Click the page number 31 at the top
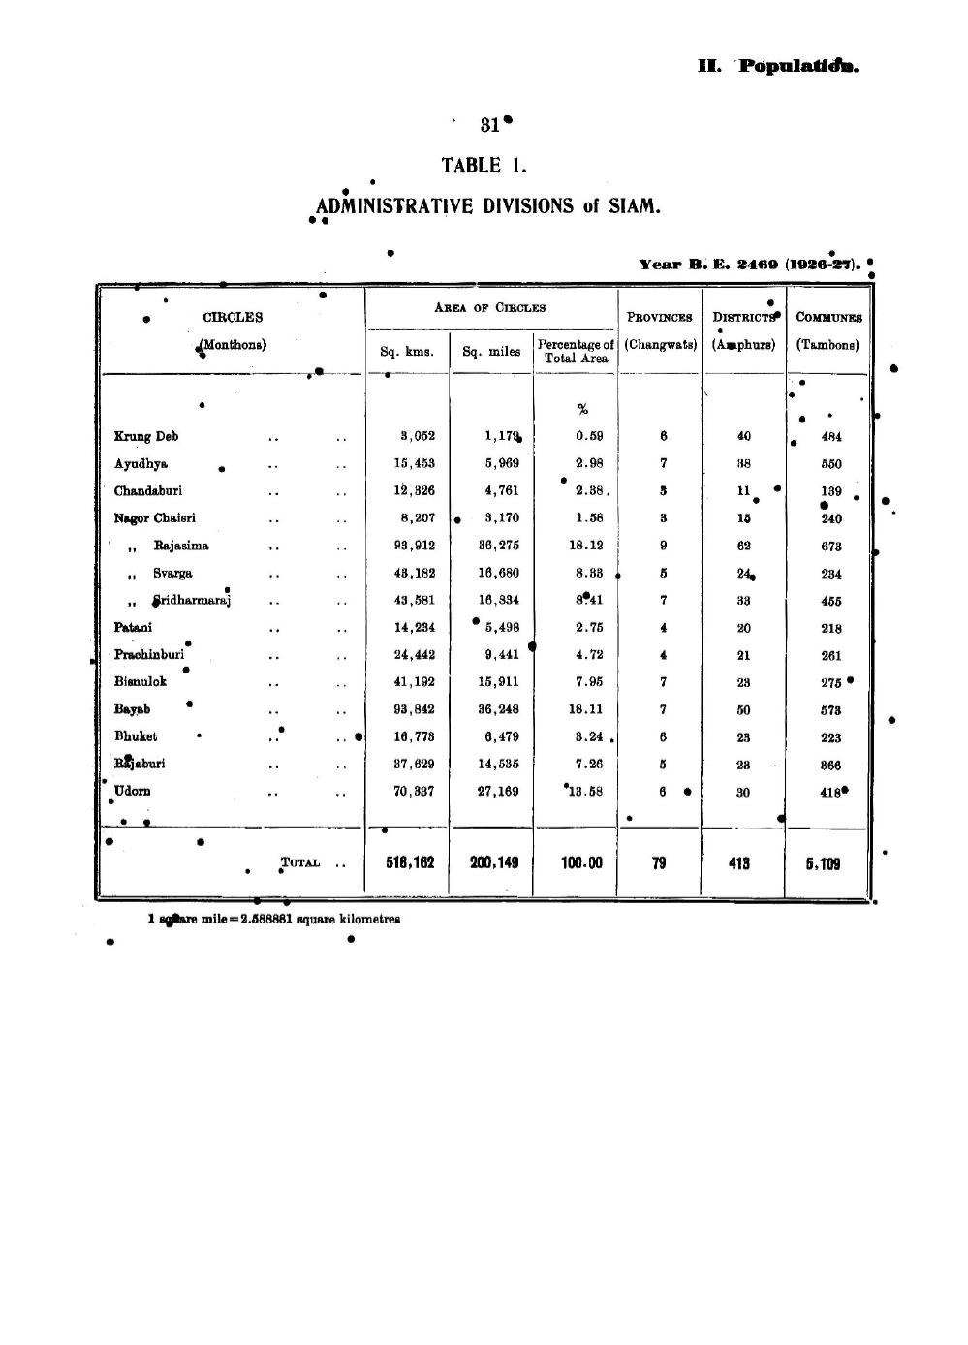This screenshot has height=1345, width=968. pos(489,125)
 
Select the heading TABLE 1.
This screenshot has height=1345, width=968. pos(484,166)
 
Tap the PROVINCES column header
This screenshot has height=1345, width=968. pos(659,317)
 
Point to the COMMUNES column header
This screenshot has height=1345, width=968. pos(828,317)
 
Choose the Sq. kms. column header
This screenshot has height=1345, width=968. pos(406,351)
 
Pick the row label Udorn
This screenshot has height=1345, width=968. pos(133,791)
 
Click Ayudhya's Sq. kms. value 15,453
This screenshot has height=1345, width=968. pos(414,463)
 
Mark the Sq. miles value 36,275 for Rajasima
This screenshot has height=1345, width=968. pos(499,546)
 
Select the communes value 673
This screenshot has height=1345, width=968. pos(830,547)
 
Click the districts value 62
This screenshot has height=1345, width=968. pos(743,546)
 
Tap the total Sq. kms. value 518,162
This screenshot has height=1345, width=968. pos(410,862)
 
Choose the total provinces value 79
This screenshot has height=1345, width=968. pos(659,862)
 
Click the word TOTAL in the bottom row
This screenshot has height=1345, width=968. pos(300,862)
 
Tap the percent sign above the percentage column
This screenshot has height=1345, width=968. pos(582,409)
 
